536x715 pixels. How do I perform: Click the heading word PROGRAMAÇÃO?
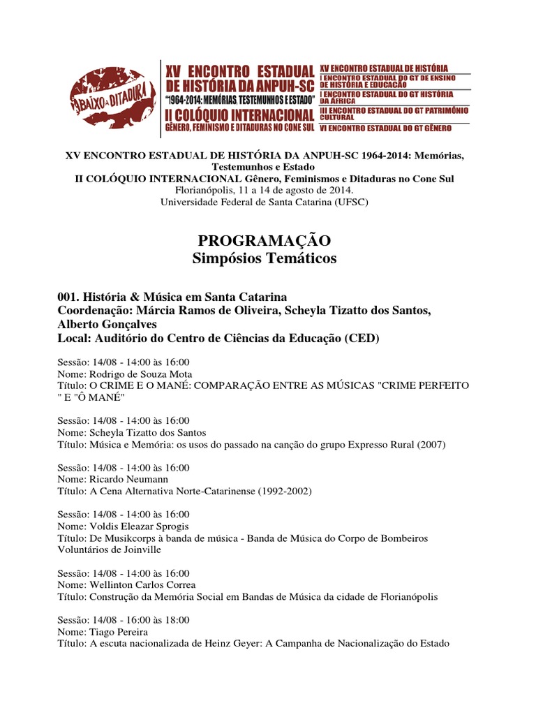tap(264, 241)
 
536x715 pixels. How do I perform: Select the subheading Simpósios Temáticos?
tap(264, 259)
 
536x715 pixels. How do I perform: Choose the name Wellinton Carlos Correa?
tap(142, 584)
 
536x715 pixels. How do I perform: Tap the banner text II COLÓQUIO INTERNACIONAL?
tap(239, 115)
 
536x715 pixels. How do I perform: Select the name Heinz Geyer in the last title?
tap(228, 643)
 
